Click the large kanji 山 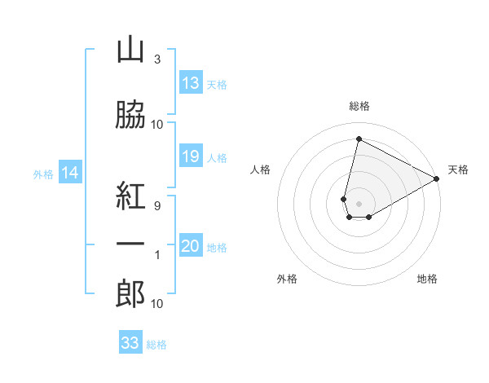(130, 51)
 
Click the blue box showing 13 (191, 83)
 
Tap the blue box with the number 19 (191, 156)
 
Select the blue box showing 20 (191, 246)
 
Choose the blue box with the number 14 (70, 173)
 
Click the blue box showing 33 (130, 343)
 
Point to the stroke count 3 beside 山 (156, 59)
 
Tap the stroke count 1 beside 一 (156, 256)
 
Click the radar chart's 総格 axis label (359, 106)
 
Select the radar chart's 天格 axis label (458, 169)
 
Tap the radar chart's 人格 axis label (260, 169)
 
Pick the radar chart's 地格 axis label (427, 280)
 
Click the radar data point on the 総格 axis (359, 139)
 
